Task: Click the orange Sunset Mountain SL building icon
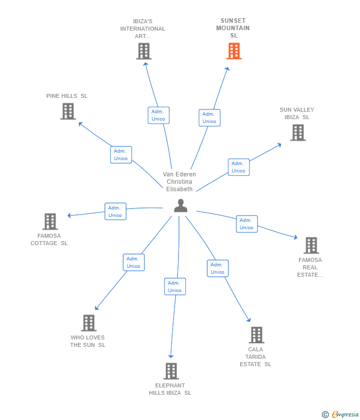pyautogui.click(x=234, y=51)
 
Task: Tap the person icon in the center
pyautogui.click(x=180, y=206)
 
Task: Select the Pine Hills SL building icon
pyautogui.click(x=68, y=111)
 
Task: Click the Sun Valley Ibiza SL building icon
pyautogui.click(x=298, y=132)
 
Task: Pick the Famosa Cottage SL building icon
pyautogui.click(x=50, y=221)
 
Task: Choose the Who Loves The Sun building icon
pyautogui.click(x=89, y=323)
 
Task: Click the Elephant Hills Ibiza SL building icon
pyautogui.click(x=171, y=371)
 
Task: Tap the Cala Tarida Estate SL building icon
pyautogui.click(x=256, y=335)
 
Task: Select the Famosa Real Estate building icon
pyautogui.click(x=311, y=245)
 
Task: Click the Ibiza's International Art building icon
pyautogui.click(x=143, y=51)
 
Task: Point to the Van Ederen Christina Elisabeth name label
pyautogui.click(x=180, y=181)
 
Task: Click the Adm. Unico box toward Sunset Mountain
pyautogui.click(x=209, y=118)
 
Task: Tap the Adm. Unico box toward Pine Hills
pyautogui.click(x=121, y=155)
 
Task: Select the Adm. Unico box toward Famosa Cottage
pyautogui.click(x=115, y=211)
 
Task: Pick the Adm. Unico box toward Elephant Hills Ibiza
pyautogui.click(x=175, y=287)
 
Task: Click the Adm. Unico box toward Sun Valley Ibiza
pyautogui.click(x=238, y=167)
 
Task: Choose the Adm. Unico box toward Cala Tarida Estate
pyautogui.click(x=218, y=268)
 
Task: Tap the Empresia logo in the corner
pyautogui.click(x=341, y=415)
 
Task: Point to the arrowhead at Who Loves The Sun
pyautogui.click(x=96, y=308)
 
